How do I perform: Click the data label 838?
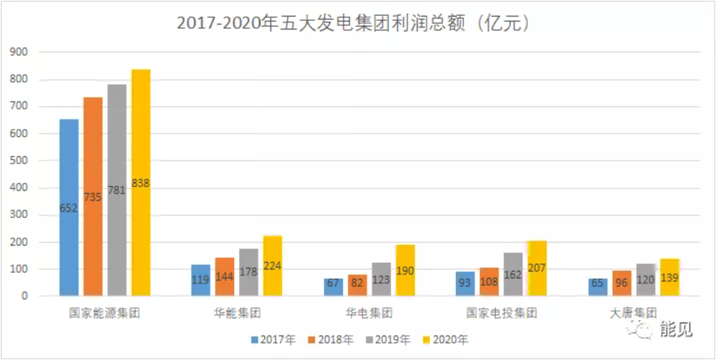[x=140, y=183]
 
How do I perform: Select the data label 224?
[x=272, y=266]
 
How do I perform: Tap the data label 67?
[x=333, y=282]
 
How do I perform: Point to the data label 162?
[x=514, y=275]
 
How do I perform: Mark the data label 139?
[x=669, y=277]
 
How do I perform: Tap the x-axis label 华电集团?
[x=369, y=313]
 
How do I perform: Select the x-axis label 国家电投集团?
[x=501, y=313]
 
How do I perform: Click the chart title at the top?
[x=358, y=22]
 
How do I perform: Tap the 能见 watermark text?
[x=676, y=330]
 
